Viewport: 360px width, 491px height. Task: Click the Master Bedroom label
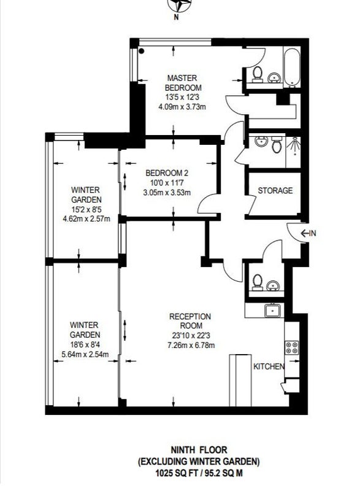[183, 83]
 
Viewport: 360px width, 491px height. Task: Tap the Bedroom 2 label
[167, 173]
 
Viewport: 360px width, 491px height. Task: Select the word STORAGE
[275, 190]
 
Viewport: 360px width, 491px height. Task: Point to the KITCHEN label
[269, 366]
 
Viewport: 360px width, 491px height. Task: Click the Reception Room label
[190, 320]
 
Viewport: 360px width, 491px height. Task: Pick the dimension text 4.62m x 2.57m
[86, 218]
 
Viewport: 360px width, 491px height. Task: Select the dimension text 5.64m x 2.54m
[85, 355]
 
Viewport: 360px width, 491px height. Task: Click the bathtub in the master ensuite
[292, 67]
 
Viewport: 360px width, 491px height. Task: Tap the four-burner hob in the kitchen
[291, 347]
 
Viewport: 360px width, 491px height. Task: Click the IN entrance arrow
[308, 233]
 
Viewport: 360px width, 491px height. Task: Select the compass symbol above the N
[179, 5]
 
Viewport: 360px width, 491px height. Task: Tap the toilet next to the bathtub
[258, 74]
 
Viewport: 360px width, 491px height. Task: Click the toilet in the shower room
[276, 144]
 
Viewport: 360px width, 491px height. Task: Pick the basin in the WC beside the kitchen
[273, 285]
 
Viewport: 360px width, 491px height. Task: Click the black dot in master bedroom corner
[141, 51]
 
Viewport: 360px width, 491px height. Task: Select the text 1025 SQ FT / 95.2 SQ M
[199, 473]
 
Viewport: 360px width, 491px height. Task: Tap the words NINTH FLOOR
[199, 450]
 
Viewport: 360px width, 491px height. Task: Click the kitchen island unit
[240, 381]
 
